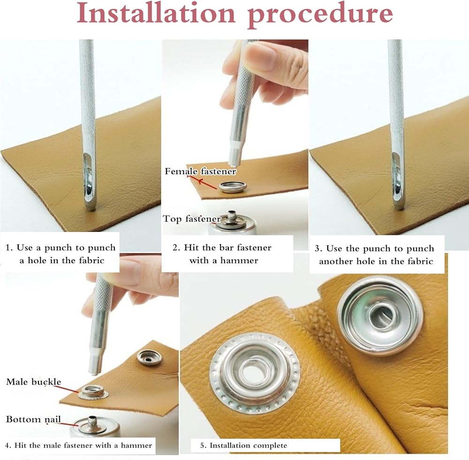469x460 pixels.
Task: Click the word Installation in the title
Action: point(156,13)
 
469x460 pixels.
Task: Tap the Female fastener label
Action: point(200,171)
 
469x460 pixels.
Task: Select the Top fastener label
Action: point(192,219)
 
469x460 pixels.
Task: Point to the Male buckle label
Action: point(33,382)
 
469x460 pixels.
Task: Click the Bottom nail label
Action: point(33,419)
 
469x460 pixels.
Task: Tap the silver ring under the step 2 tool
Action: point(233,187)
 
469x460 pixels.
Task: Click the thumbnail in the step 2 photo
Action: point(263,56)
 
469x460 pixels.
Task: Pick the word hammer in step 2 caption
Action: point(239,260)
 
